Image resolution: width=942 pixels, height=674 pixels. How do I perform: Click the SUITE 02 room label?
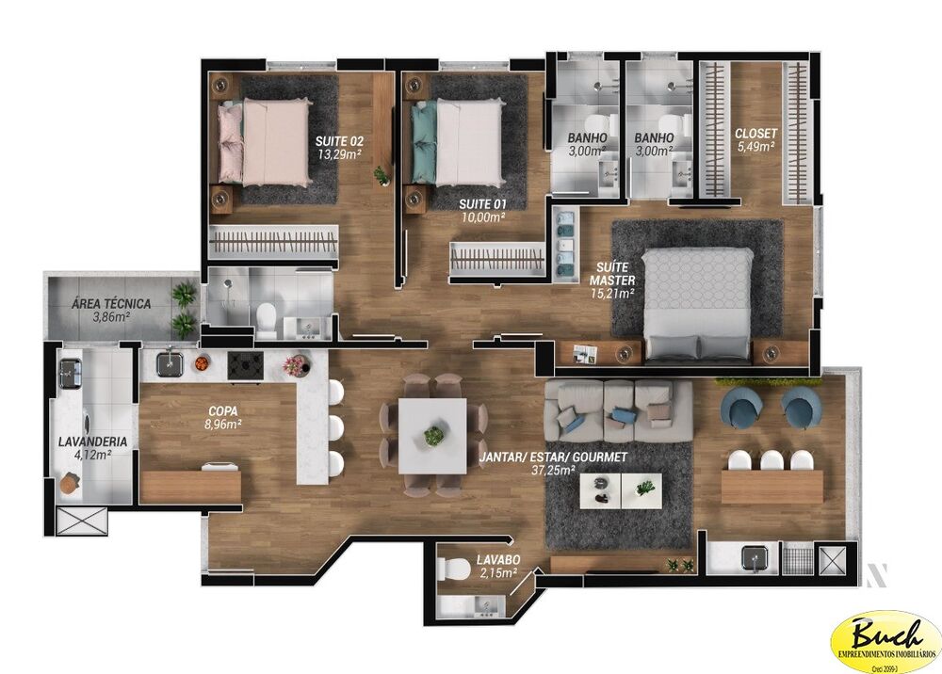(340, 141)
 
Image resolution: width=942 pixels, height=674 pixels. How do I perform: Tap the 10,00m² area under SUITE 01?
(482, 217)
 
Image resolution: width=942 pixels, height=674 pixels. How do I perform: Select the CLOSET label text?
(755, 134)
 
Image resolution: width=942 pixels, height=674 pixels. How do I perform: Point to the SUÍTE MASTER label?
(611, 274)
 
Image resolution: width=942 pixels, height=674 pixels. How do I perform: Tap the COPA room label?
(221, 411)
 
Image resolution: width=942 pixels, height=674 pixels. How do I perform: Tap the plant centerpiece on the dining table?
(433, 436)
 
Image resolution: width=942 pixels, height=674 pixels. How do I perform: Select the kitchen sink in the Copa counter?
(170, 361)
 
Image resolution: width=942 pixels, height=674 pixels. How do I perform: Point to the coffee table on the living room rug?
(620, 488)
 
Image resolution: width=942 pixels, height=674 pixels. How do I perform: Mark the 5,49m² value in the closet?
(755, 146)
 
